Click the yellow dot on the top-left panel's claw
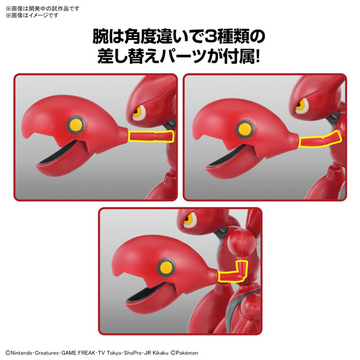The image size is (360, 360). coord(76,124)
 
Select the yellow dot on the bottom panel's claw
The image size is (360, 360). coord(166,267)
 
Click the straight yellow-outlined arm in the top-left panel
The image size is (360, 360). coord(151,136)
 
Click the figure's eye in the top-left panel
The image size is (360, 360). coord(139,112)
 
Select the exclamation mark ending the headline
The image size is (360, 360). coord(257,57)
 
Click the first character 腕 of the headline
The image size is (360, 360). coord(101,37)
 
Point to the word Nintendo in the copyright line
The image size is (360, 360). coord(22,353)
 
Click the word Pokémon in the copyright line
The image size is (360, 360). coord(187,353)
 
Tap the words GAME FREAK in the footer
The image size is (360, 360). coord(78,353)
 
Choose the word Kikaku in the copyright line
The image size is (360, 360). coord(160,353)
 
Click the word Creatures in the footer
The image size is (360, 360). coord(47,353)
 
